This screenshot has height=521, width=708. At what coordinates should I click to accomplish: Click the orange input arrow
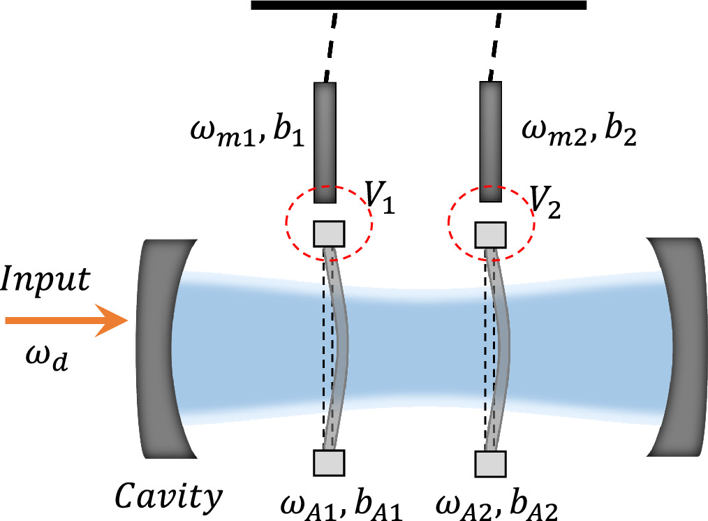click(66, 321)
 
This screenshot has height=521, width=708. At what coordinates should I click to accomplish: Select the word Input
click(46, 281)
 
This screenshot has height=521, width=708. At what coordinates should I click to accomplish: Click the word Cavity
click(169, 497)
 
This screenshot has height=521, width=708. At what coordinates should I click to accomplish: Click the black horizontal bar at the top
click(418, 6)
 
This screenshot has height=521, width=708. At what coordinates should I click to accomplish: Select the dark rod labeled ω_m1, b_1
click(325, 142)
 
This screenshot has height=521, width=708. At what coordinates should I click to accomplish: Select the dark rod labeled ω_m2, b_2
click(490, 142)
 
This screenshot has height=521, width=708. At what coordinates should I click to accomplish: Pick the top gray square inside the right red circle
click(489, 234)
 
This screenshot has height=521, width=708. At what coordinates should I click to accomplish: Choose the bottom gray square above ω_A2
click(489, 462)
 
